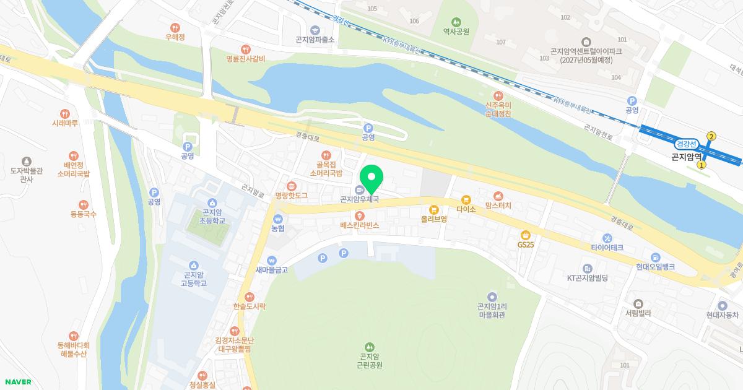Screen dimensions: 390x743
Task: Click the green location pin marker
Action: click(371, 178)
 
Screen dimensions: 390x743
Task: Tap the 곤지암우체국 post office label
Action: click(359, 200)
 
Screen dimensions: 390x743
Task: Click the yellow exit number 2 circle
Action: click(711, 136)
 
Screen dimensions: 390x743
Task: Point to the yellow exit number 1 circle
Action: click(701, 165)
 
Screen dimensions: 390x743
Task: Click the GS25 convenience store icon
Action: click(525, 235)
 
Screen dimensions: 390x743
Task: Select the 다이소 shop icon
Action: click(466, 200)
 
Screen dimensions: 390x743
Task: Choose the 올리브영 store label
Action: click(434, 219)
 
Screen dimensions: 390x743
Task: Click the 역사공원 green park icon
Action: click(456, 22)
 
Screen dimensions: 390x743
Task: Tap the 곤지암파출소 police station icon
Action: click(315, 30)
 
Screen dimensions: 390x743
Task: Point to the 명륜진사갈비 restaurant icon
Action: click(246, 49)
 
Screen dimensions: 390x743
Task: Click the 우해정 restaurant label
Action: click(175, 37)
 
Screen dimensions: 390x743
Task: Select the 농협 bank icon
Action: click(278, 219)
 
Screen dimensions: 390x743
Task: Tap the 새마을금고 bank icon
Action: click(271, 260)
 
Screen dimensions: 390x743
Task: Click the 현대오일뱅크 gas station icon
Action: click(654, 257)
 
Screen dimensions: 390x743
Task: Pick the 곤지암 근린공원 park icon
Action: click(370, 346)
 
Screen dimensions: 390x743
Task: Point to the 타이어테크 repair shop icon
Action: click(607, 238)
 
